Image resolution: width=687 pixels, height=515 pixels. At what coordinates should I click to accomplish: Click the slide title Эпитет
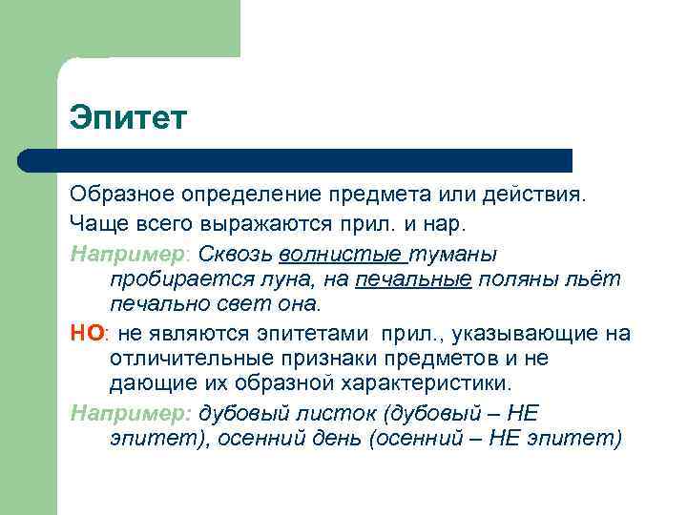[129, 119]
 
